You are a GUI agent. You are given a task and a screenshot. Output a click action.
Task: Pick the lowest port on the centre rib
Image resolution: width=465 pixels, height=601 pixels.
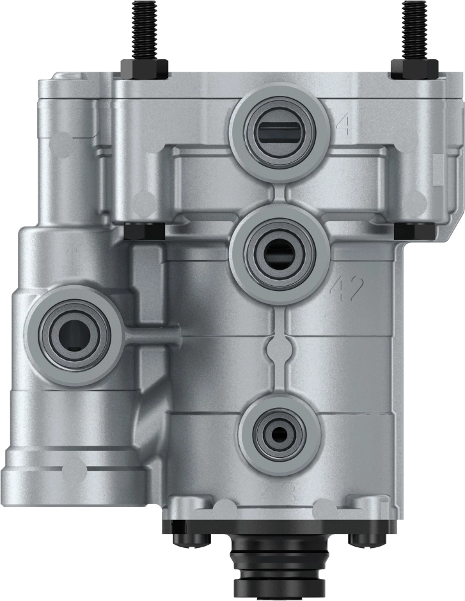(279, 433)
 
